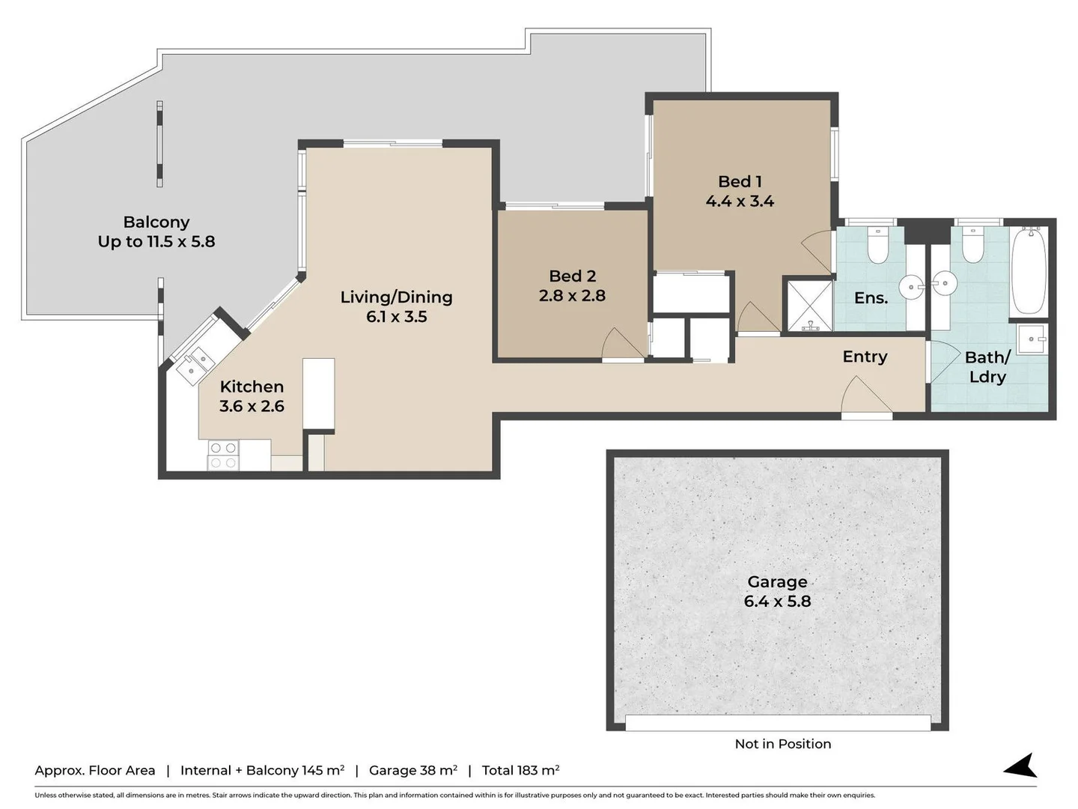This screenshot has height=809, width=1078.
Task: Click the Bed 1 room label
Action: point(740,182)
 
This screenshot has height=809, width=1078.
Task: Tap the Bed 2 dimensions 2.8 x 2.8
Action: point(572,296)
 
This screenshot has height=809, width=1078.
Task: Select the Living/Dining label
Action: point(396,297)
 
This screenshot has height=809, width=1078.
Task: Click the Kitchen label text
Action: point(252,387)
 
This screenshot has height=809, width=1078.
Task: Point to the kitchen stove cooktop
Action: point(223,455)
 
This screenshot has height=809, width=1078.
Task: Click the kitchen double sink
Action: point(195,363)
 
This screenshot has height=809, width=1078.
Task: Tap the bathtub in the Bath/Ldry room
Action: point(1029,271)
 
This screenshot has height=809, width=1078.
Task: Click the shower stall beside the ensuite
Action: point(808,305)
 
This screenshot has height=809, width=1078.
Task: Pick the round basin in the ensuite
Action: point(911,285)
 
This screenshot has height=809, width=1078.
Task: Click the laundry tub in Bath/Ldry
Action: point(1032,339)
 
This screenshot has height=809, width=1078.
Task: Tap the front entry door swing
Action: point(866,397)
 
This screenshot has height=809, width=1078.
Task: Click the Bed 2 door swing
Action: point(622,345)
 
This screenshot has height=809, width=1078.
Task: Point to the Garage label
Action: point(777,582)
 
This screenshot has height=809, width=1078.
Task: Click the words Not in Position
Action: point(782,744)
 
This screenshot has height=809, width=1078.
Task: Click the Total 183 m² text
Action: point(520,770)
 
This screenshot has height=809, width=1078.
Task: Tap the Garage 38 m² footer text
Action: point(412,770)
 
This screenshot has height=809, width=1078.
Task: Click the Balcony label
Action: point(156,222)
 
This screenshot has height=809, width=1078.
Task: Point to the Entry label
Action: point(865,357)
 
